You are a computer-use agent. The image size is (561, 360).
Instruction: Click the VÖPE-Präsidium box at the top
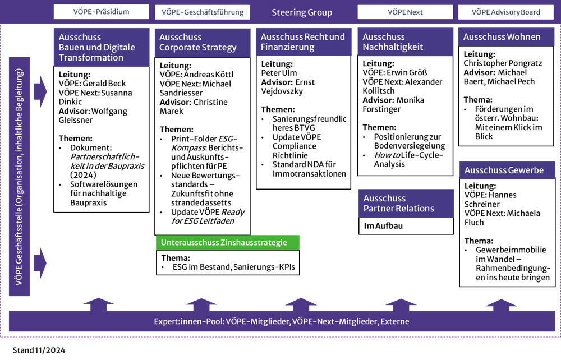point(101,12)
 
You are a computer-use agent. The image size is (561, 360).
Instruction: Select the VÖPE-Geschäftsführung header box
point(203,12)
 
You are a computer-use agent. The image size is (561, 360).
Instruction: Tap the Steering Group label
point(302,12)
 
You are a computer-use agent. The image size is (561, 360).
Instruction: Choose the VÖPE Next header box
point(404,12)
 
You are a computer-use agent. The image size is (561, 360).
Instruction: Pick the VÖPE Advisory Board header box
point(507,12)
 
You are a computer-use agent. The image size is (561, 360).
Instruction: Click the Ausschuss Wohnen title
point(502,37)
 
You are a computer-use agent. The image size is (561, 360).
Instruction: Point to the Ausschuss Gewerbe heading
point(496,170)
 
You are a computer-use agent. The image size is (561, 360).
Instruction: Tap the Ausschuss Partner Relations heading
point(399,203)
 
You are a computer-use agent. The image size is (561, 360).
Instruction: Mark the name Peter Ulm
point(280,72)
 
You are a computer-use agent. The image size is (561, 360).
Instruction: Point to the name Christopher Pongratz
point(503,63)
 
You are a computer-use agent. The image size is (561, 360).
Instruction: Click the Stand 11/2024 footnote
point(39,350)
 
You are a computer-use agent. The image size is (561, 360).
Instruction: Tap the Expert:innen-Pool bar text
point(282,321)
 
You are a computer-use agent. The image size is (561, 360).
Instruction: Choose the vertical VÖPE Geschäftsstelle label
point(19,177)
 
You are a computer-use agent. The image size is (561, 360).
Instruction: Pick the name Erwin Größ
point(411,73)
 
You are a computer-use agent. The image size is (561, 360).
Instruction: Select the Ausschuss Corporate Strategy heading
point(198,43)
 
